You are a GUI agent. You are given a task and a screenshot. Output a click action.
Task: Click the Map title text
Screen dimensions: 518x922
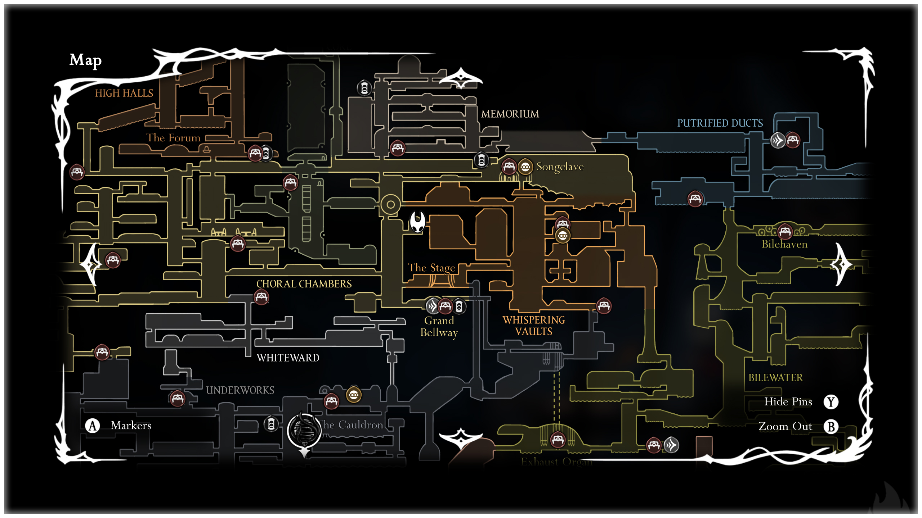point(85,60)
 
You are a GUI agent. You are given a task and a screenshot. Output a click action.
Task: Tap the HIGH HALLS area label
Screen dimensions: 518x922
point(124,93)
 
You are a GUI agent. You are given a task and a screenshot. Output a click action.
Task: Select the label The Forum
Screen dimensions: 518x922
point(173,138)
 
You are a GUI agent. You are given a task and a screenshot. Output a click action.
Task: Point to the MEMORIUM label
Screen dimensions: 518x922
point(510,114)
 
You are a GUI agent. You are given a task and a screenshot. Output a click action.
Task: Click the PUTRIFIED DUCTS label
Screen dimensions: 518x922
point(720,123)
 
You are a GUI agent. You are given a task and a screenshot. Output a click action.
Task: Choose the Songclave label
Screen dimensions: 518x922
point(560,167)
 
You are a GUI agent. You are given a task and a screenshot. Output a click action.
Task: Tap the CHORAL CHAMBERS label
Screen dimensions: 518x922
point(304,284)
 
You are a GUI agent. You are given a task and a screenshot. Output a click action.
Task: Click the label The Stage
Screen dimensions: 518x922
point(431,268)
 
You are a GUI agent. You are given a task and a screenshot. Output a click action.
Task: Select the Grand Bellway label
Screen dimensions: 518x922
point(439,326)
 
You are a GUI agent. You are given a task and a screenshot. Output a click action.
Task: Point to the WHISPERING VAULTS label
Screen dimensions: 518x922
point(534,326)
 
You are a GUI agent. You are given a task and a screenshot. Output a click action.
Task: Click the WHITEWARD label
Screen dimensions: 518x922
point(288,358)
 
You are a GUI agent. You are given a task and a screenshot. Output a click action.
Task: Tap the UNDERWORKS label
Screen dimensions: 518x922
point(240,390)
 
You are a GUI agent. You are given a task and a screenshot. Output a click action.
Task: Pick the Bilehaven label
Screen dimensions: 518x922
point(784,244)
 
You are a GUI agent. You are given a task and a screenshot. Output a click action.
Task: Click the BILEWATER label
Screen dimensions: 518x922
point(775,377)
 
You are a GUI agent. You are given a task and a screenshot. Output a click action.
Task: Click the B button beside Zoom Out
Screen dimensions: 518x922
point(831,427)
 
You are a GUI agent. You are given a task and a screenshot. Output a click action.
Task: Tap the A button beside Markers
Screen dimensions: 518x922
point(93,426)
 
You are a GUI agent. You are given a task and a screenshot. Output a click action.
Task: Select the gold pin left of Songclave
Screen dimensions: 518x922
point(525,167)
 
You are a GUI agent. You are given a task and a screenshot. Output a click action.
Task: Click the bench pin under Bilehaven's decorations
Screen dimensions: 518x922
point(785,231)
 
